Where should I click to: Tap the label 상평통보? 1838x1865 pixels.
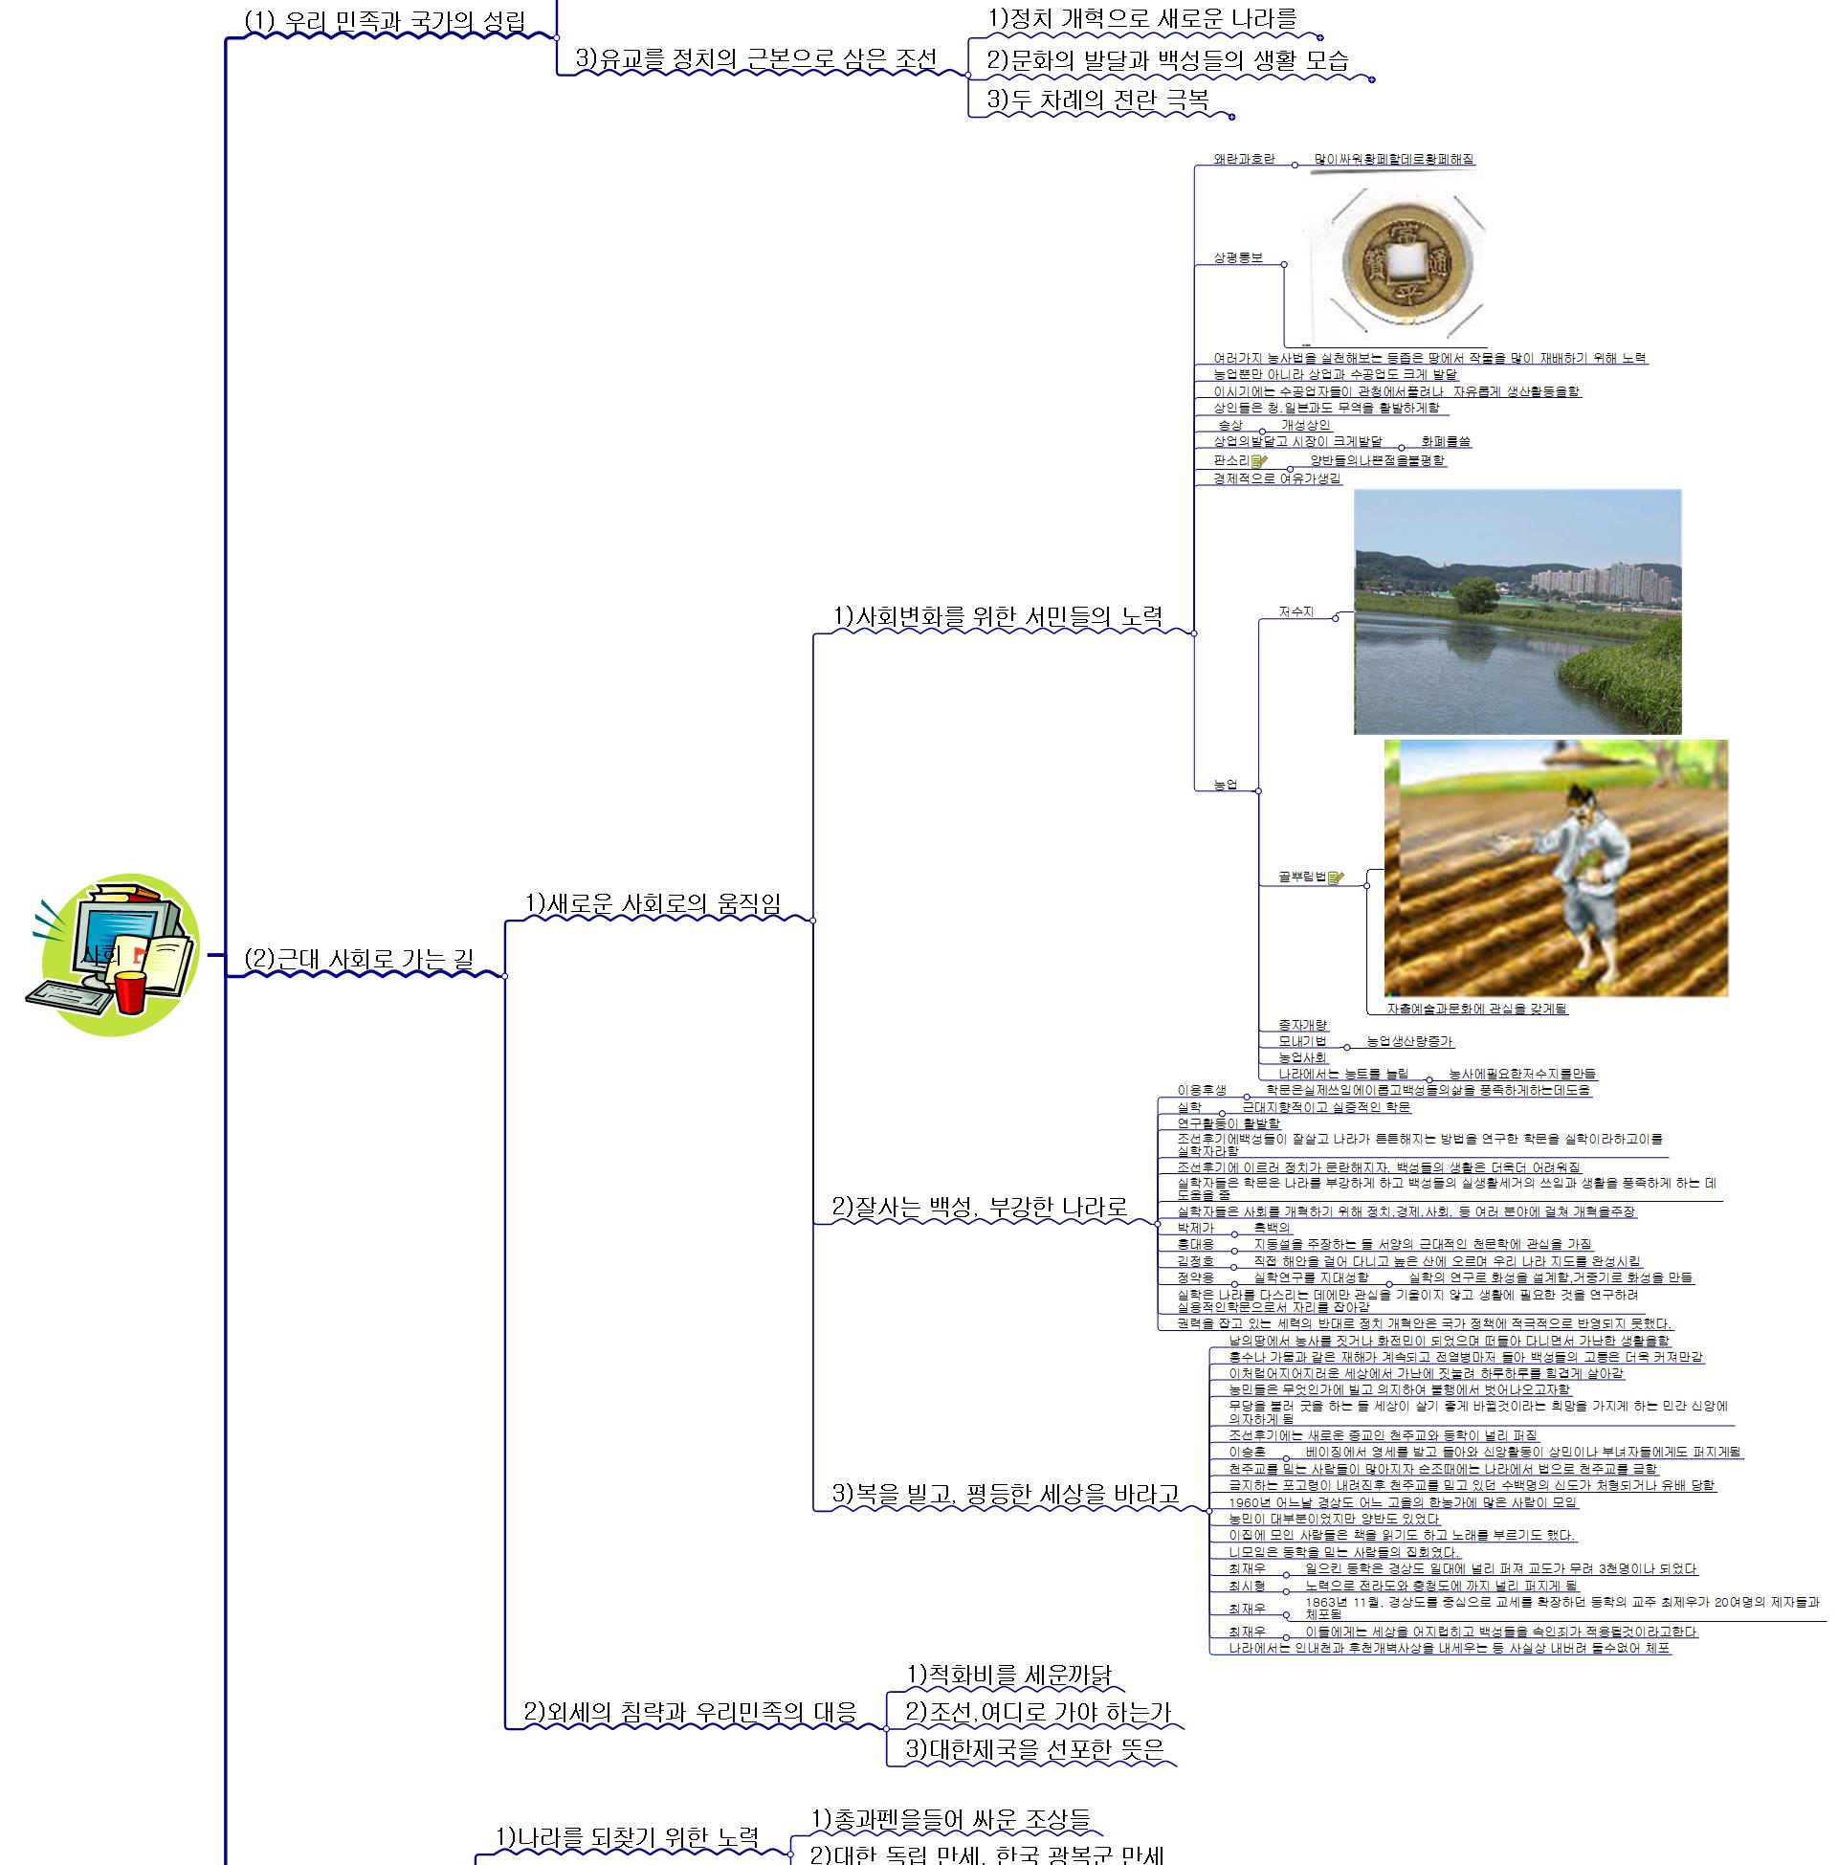[x=1237, y=257]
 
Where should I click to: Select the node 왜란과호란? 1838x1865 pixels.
[x=1244, y=158]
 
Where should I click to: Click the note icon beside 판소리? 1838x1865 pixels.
[x=1259, y=461]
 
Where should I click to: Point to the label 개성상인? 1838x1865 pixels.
[x=1305, y=425]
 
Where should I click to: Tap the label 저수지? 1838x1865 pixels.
[x=1295, y=611]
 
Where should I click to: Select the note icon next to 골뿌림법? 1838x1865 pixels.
[x=1336, y=877]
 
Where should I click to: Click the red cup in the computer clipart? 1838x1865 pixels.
[x=129, y=992]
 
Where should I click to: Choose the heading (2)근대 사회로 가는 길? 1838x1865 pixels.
[x=358, y=960]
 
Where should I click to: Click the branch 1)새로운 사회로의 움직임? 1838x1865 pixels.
[x=653, y=903]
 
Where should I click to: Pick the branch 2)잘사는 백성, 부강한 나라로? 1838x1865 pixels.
[x=979, y=1207]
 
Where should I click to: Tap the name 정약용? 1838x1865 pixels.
[x=1195, y=1277]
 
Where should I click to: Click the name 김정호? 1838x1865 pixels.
[x=1195, y=1260]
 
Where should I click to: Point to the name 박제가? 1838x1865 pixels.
[x=1195, y=1228]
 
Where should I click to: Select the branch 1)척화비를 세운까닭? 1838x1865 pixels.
[x=1008, y=1675]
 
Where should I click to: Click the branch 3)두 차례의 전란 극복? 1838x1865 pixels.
[x=1096, y=100]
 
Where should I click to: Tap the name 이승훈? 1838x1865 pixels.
[x=1247, y=1452]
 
